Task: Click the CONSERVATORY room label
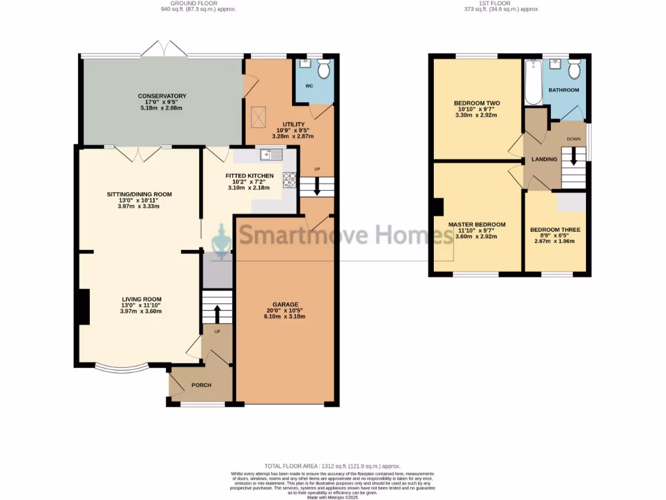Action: coord(162,96)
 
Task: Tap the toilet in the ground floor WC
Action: coord(324,68)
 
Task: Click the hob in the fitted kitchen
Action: coord(289,179)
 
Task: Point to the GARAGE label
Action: coord(286,305)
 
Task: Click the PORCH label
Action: coord(201,385)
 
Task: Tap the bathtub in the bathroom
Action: coord(533,83)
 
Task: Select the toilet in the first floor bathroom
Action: coord(574,68)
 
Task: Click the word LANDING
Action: coord(544,159)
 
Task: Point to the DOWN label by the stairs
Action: coord(574,139)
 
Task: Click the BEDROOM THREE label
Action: coord(555,230)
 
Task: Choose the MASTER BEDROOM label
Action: coord(477,225)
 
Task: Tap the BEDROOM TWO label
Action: coord(477,104)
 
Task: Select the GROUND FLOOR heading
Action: coord(198,3)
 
